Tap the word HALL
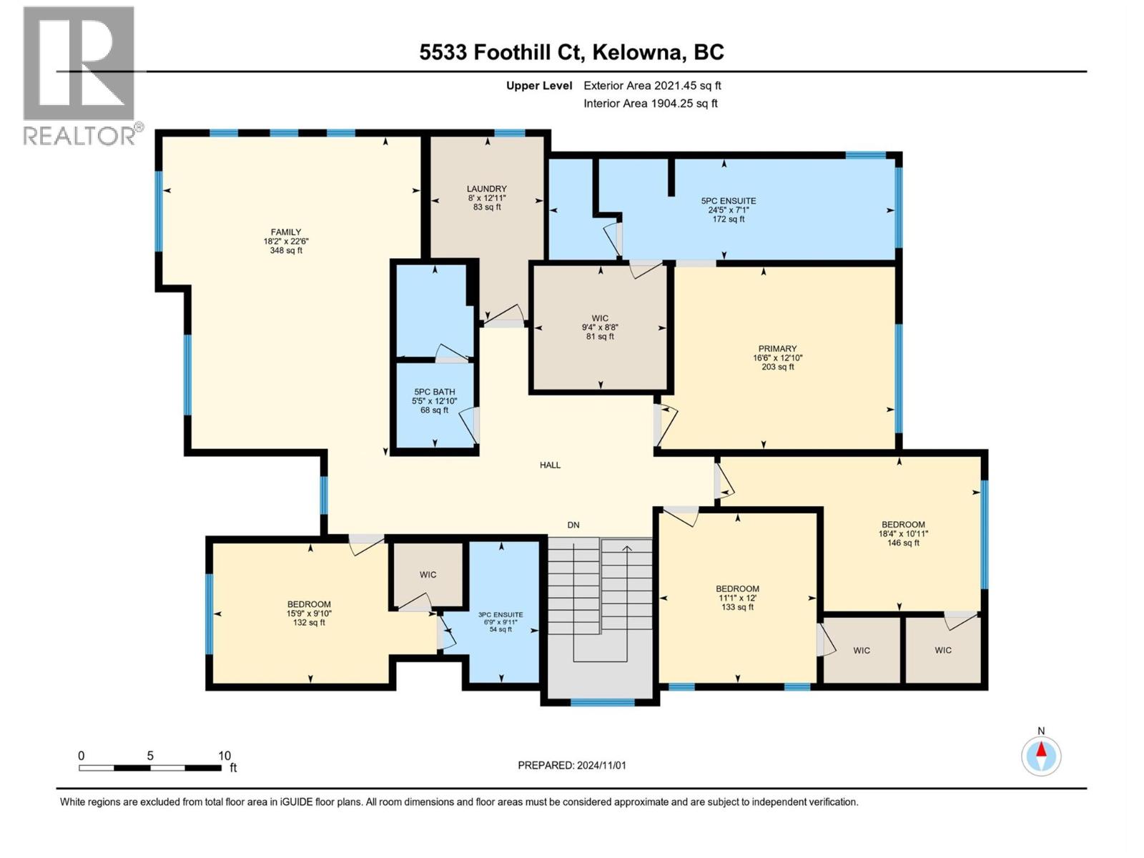click(x=550, y=465)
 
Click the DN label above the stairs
click(x=573, y=525)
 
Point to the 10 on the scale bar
click(x=225, y=756)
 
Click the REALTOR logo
click(x=80, y=75)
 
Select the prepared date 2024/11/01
click(x=572, y=765)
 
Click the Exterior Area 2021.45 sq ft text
click(x=652, y=85)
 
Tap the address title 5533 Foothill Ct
click(x=571, y=52)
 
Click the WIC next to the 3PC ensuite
click(x=428, y=574)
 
